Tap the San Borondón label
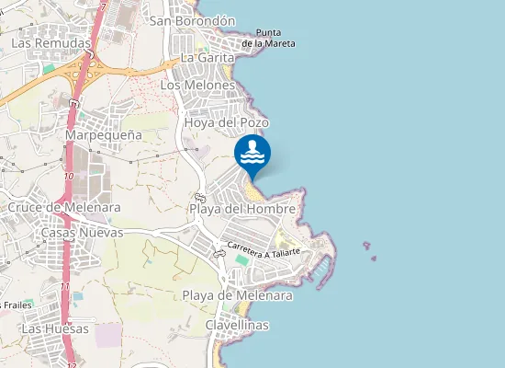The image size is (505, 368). (193, 20)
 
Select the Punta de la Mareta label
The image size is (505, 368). (269, 37)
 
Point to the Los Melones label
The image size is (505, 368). (197, 85)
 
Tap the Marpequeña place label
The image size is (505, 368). (104, 135)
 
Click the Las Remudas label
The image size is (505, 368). (51, 43)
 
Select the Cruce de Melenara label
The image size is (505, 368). (63, 208)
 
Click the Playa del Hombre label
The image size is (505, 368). (242, 209)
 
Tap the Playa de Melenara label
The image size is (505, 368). (237, 295)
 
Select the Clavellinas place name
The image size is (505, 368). (237, 326)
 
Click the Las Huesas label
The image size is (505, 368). (56, 328)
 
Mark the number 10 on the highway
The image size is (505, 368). (70, 176)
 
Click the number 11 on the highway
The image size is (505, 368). (64, 287)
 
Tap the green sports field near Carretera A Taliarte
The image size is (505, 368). (241, 260)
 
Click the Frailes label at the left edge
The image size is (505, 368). (16, 305)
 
